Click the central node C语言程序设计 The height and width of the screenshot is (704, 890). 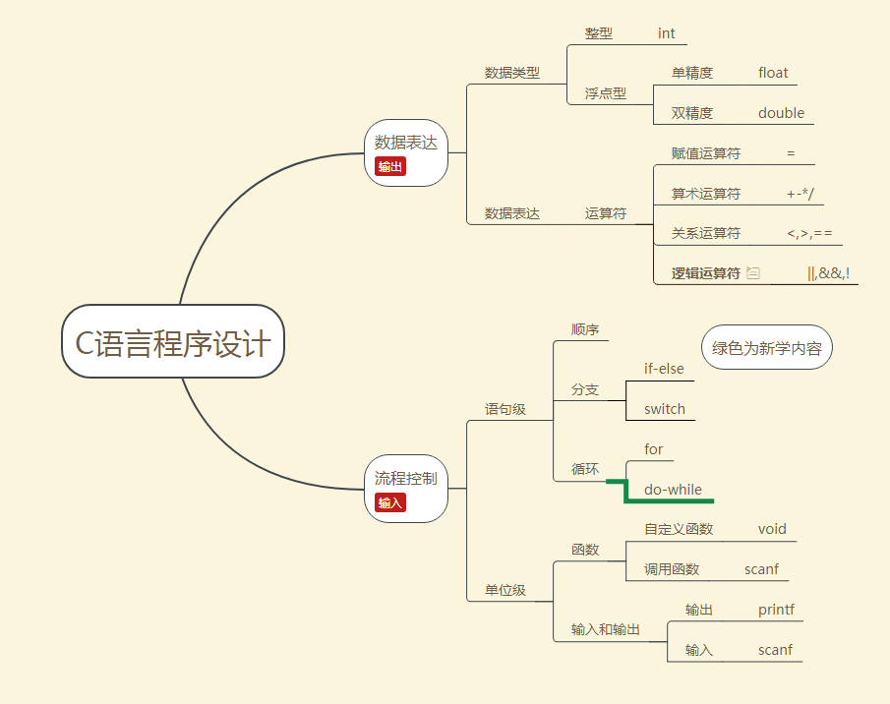[173, 341]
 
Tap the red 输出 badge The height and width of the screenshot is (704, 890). [390, 166]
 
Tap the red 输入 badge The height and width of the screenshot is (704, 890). [390, 502]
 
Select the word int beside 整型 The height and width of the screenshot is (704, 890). [667, 33]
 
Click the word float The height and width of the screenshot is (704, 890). [773, 73]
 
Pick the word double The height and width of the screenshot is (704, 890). [781, 113]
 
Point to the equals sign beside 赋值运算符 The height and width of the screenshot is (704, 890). [791, 153]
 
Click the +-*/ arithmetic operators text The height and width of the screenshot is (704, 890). [801, 194]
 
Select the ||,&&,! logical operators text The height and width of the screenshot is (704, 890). [828, 273]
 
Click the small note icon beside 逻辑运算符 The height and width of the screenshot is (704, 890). [753, 273]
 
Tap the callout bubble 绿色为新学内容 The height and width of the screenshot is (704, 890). [767, 348]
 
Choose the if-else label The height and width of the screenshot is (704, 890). [664, 369]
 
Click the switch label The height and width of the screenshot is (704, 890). [665, 409]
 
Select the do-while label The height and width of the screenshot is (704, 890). [673, 490]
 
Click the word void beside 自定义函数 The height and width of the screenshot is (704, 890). [772, 529]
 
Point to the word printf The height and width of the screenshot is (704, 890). [776, 610]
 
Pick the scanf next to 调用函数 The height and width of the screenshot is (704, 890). [761, 569]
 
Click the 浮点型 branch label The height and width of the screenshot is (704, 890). [606, 94]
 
